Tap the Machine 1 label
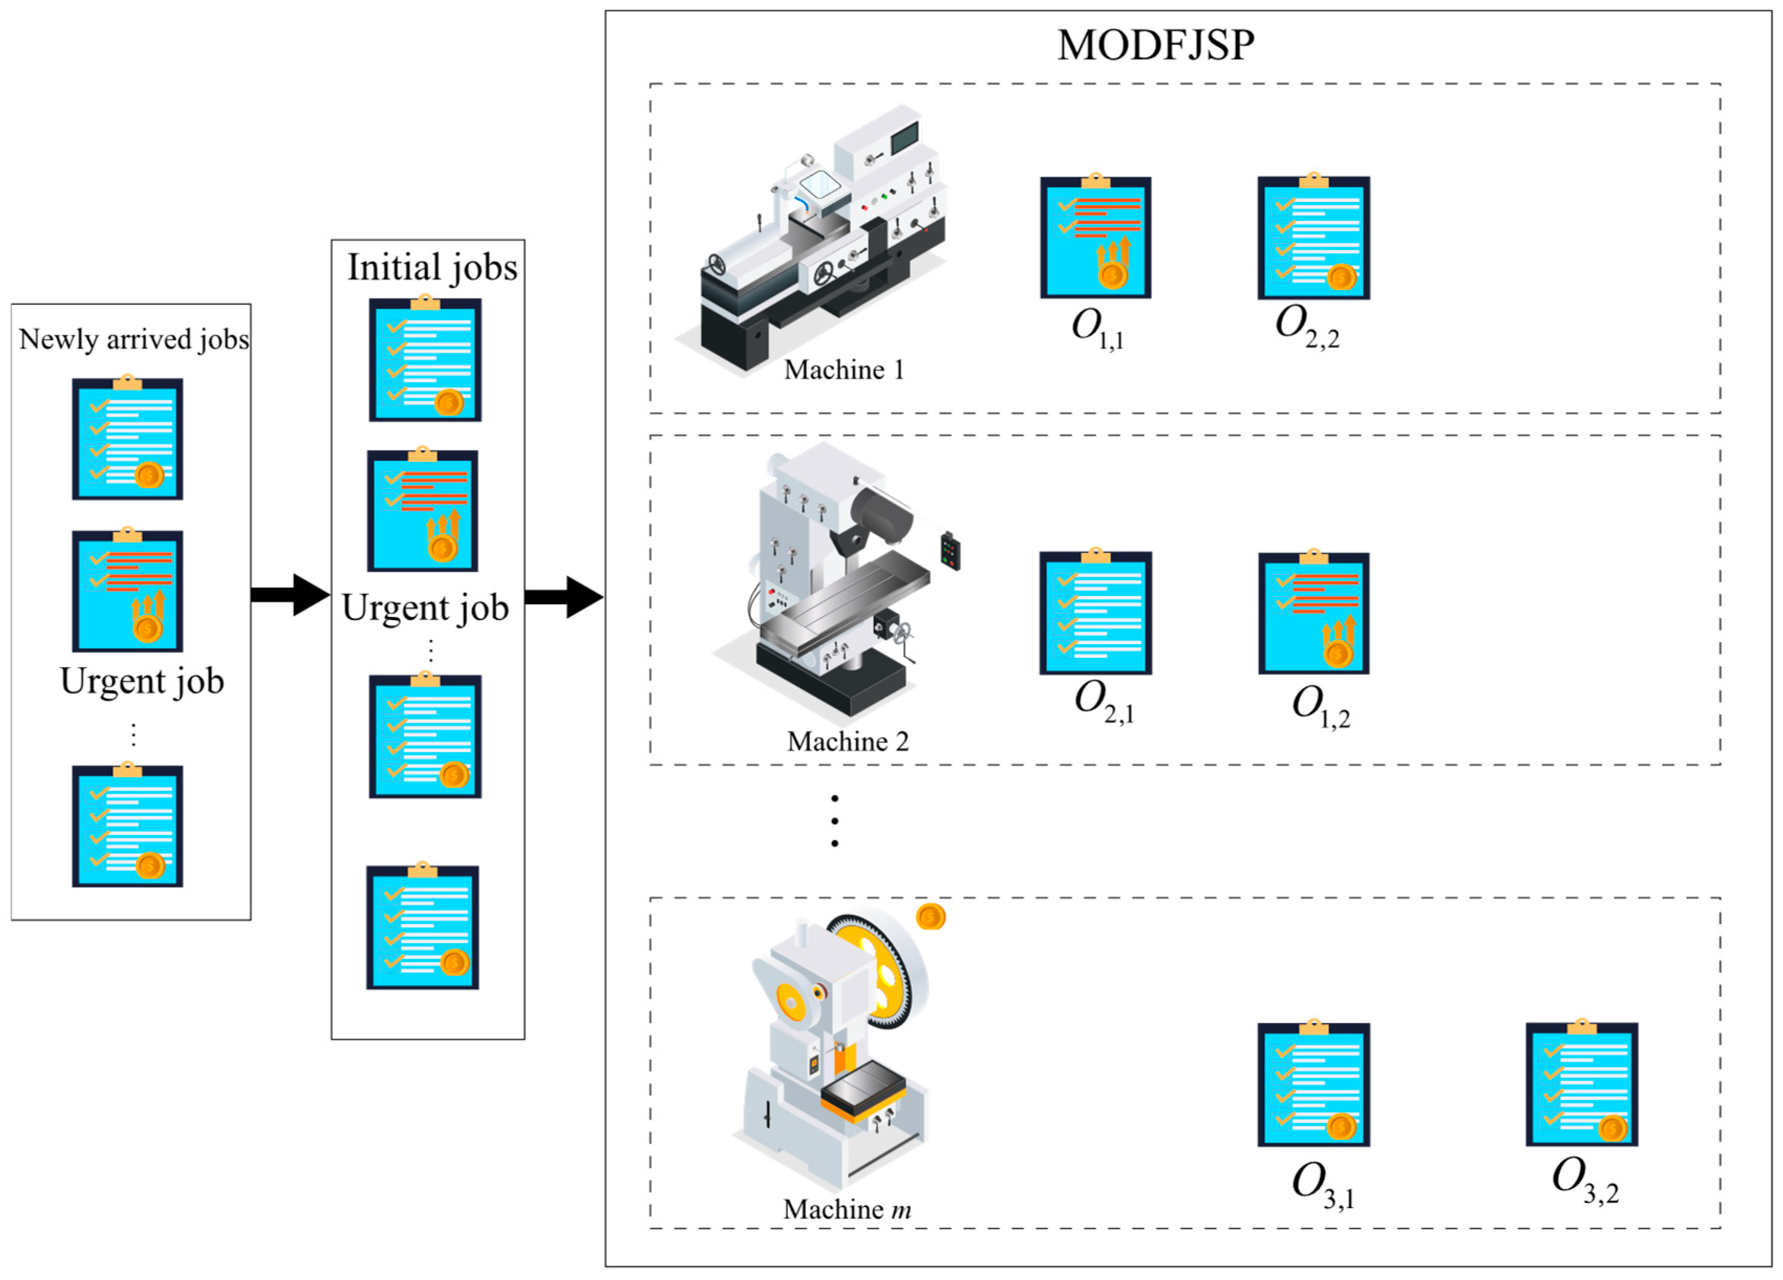coord(844,369)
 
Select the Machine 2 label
coord(847,741)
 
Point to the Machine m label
coord(847,1209)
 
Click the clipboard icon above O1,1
coord(1095,238)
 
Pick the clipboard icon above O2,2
coord(1313,238)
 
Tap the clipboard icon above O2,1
coord(1095,613)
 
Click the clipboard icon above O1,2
coord(1313,613)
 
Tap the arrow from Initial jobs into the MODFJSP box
coord(563,597)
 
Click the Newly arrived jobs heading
coord(134,339)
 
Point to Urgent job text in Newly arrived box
coord(142,681)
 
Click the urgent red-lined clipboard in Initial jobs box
coord(422,510)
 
